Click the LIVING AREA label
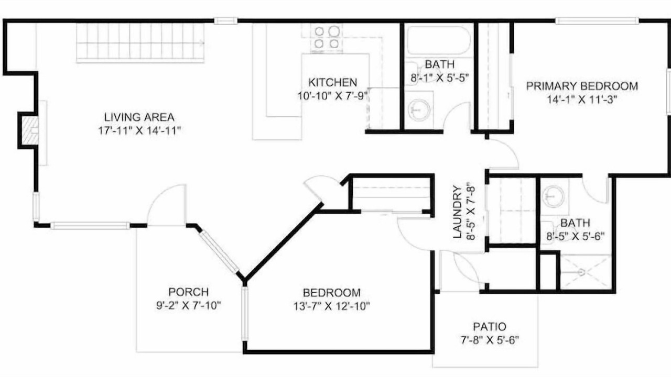139,117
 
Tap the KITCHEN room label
332,82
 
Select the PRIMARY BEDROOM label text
582,86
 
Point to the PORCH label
188,292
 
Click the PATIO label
490,326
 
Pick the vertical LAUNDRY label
457,212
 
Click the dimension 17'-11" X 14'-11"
139,131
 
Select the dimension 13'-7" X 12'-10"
332,306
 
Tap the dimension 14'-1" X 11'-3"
582,99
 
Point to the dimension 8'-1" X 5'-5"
439,78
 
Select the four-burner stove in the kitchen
326,38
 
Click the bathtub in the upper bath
439,41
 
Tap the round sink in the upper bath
419,110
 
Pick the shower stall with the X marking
586,272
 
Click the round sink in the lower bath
554,196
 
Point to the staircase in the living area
140,43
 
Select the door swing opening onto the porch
167,205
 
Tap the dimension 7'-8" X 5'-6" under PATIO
490,340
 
